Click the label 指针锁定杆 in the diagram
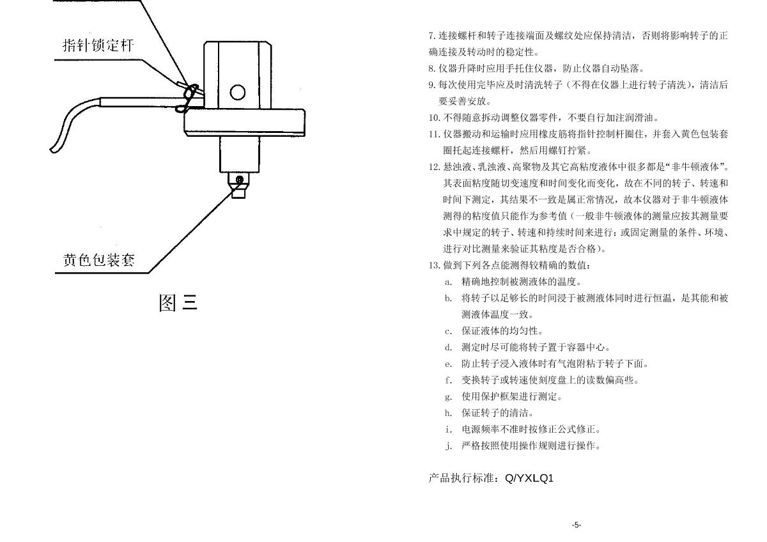[x=98, y=45]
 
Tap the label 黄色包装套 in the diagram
[x=99, y=260]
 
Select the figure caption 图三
[x=178, y=302]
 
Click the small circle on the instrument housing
[x=237, y=93]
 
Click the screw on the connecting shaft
[x=239, y=180]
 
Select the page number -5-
[x=576, y=525]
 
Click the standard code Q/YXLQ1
[x=529, y=478]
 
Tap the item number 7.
[x=432, y=36]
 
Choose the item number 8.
[x=432, y=68]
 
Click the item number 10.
[x=434, y=118]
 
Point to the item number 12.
[x=434, y=167]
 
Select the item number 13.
[x=434, y=265]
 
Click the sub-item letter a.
[x=449, y=282]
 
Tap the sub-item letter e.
[x=449, y=364]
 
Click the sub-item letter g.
[x=449, y=397]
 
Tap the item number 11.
[x=434, y=134]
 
